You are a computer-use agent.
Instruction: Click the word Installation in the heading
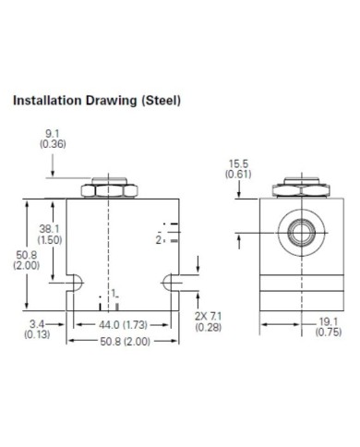[47, 101]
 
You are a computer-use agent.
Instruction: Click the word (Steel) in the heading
[161, 101]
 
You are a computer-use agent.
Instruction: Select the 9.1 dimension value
[53, 134]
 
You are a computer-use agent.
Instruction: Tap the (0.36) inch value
[53, 144]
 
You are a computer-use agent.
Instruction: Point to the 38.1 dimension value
[49, 229]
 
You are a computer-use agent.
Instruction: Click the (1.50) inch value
[50, 240]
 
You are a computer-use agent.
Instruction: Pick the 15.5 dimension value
[238, 164]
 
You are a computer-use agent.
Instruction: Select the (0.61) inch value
[238, 175]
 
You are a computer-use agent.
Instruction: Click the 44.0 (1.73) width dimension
[123, 325]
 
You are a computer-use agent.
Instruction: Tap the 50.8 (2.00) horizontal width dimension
[126, 341]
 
